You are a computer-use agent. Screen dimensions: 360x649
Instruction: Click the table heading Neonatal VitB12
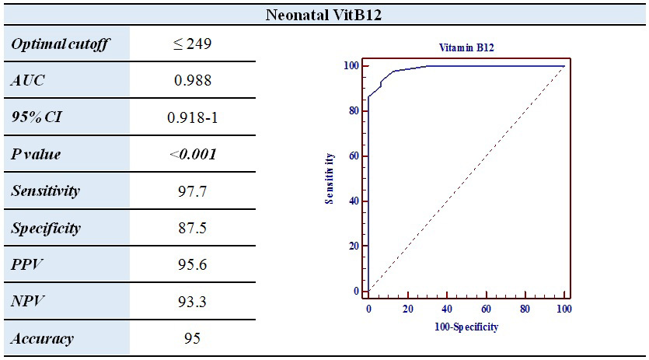coord(324,13)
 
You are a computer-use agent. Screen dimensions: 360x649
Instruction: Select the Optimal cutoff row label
coord(59,44)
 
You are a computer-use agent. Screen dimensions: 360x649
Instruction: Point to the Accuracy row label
coord(43,339)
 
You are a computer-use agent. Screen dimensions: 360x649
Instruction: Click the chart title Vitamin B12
coord(466,47)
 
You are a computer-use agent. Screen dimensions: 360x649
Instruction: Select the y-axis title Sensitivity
coord(330,178)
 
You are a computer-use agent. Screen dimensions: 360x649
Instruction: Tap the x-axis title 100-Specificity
coord(466,327)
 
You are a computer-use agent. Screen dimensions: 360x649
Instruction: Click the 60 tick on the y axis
coord(354,156)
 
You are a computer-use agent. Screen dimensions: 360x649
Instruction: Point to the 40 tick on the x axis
coord(447,309)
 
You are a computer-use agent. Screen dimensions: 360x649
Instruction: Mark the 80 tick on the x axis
coord(525,309)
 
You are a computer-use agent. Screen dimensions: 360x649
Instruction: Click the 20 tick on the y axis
coord(354,246)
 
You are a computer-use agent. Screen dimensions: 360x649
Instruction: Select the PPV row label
coord(27,265)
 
